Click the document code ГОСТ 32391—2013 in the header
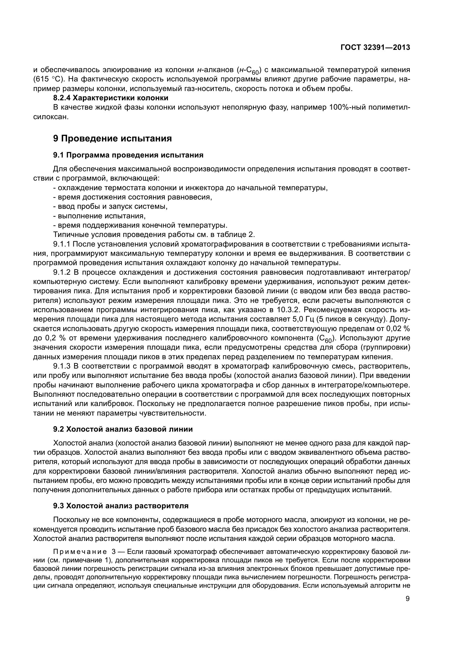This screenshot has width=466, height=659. coord(375,47)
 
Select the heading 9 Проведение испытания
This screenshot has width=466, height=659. coord(112,138)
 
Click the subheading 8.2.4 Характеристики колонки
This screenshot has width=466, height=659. coord(111,98)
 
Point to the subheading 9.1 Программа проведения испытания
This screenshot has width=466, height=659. coord(128,155)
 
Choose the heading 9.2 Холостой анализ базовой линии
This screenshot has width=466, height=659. coord(123,429)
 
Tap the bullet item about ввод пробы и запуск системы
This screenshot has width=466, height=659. coord(110,206)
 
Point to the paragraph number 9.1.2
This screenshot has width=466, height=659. coord(62,272)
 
